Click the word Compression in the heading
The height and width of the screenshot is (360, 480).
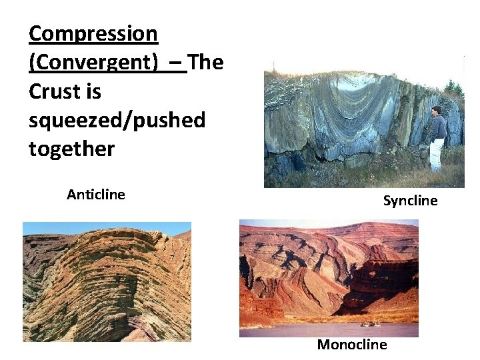click(93, 33)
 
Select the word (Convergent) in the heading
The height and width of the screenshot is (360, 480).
click(93, 62)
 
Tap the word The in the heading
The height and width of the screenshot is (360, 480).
click(206, 62)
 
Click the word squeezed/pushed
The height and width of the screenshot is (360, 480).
click(117, 120)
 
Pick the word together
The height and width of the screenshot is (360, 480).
click(71, 149)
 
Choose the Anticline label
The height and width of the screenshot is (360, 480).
click(96, 195)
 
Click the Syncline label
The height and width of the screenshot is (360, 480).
click(410, 201)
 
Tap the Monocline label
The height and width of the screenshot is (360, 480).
click(351, 345)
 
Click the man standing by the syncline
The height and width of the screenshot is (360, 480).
click(437, 137)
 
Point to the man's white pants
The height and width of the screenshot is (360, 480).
click(437, 153)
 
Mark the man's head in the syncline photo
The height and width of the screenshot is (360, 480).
click(436, 110)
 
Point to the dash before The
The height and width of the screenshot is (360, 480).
click(176, 62)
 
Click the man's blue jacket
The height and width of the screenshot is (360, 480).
click(438, 126)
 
